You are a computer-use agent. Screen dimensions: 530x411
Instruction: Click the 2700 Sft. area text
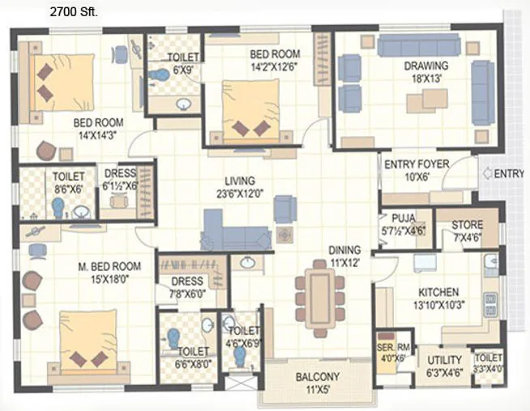click(74, 12)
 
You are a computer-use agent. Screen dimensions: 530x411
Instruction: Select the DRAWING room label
click(426, 66)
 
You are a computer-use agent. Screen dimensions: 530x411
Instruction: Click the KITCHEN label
click(438, 292)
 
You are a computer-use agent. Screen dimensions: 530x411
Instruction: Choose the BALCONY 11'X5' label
click(318, 383)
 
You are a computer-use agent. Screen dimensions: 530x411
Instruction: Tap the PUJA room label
click(404, 218)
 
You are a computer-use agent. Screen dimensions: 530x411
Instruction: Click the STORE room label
click(467, 225)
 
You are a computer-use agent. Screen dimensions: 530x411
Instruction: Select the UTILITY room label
click(444, 360)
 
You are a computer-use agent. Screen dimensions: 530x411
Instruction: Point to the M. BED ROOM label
click(109, 267)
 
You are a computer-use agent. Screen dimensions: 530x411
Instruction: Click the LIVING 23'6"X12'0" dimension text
click(240, 193)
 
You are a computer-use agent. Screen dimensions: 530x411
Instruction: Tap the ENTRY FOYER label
click(417, 165)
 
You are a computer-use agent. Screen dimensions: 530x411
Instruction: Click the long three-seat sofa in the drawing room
click(419, 45)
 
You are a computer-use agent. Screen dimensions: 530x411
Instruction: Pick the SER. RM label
click(393, 347)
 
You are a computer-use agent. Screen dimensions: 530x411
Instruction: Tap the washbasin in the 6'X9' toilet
click(183, 105)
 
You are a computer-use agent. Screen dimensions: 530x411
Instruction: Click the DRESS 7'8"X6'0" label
click(187, 287)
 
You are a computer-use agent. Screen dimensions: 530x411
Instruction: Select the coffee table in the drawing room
click(427, 101)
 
